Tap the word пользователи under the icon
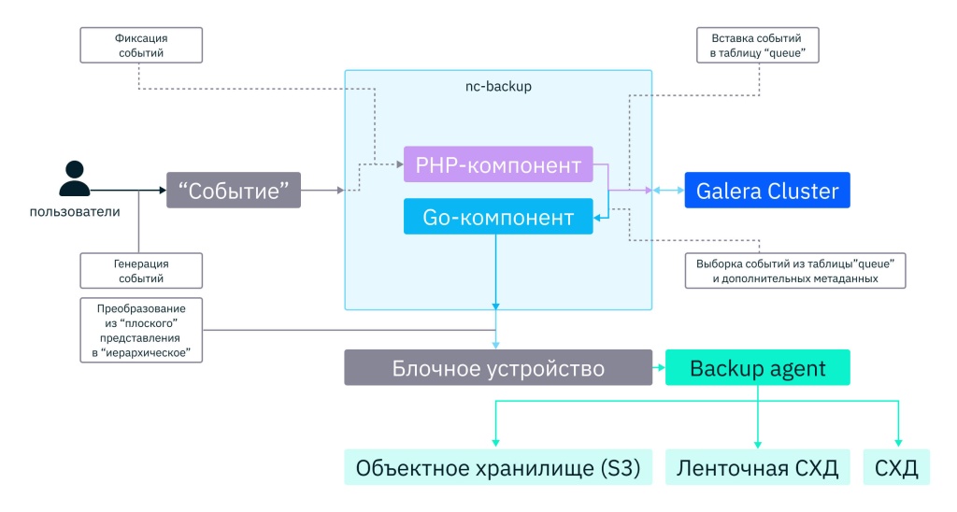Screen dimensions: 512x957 [x=75, y=212]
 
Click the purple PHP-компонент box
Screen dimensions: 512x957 [x=498, y=164]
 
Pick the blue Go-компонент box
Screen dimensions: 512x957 [x=498, y=217]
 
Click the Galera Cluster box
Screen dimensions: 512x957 [x=767, y=191]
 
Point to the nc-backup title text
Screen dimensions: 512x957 [x=498, y=86]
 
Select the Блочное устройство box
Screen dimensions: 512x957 [x=497, y=368]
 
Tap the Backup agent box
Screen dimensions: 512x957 [x=758, y=368]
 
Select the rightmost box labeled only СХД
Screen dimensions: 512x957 [x=897, y=467]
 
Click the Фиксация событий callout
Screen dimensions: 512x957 [x=139, y=46]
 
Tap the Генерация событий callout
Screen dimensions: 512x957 [x=139, y=270]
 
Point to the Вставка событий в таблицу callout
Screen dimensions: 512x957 [x=758, y=46]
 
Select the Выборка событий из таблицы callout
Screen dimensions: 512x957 [x=795, y=270]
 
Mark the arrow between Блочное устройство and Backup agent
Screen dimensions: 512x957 [x=658, y=368]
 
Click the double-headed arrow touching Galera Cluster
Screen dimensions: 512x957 [x=667, y=191]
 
